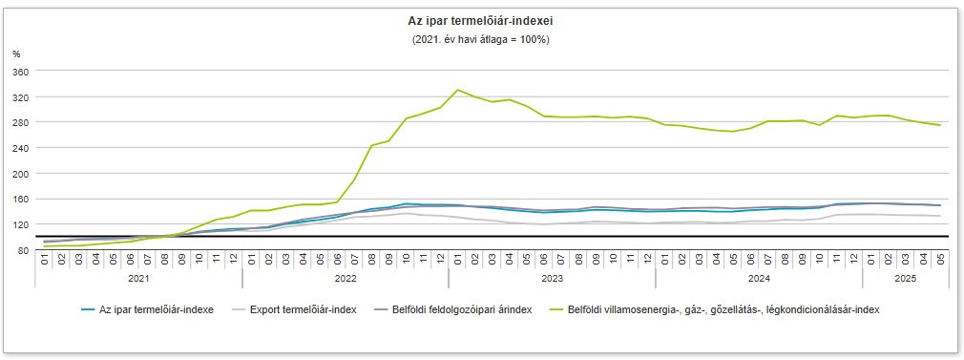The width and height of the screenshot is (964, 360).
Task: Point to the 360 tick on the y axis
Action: (22, 72)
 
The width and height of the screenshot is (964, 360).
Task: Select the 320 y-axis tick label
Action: (22, 97)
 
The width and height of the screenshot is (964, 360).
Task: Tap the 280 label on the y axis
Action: (22, 122)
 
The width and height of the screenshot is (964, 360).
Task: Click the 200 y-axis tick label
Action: (22, 174)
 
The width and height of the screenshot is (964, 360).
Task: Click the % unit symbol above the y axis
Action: (16, 54)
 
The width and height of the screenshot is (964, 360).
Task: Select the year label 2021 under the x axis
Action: (138, 279)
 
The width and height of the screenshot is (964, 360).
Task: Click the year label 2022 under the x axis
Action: (346, 279)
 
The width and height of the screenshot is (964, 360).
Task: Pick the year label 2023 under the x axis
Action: (552, 279)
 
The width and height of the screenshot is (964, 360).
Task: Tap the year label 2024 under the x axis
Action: (759, 279)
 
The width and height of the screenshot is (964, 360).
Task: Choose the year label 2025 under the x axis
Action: (905, 279)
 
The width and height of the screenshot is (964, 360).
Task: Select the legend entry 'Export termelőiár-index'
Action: (300, 310)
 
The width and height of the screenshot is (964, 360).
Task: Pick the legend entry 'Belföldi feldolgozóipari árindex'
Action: (452, 310)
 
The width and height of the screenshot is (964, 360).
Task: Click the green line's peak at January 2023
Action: (458, 90)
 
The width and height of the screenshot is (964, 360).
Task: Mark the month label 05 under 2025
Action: (940, 259)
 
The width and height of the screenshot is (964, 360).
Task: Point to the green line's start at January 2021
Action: (45, 246)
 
